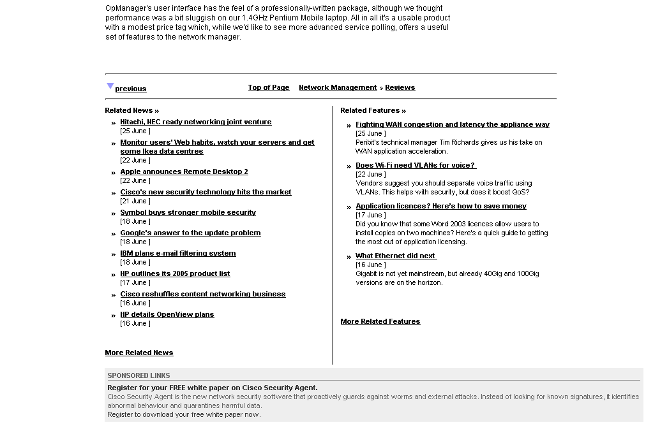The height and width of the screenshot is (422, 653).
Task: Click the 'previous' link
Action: (x=131, y=89)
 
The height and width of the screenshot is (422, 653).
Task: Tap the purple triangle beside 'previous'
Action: (x=110, y=86)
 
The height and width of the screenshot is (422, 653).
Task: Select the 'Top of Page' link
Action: (x=269, y=87)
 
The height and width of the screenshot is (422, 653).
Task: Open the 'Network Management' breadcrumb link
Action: (x=338, y=87)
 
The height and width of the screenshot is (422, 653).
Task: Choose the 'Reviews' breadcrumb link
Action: (x=400, y=87)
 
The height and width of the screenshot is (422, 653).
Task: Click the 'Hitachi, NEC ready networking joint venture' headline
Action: (x=196, y=122)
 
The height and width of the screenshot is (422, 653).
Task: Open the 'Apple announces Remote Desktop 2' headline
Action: (x=184, y=171)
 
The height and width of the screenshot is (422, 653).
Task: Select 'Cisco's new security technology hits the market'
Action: (x=206, y=192)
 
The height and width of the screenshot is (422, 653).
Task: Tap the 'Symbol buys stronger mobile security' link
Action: (x=188, y=212)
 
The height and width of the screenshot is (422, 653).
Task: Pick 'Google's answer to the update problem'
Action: (x=190, y=233)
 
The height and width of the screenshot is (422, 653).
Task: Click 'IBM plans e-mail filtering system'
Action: (x=178, y=253)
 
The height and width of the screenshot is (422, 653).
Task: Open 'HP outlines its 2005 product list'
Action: (x=175, y=273)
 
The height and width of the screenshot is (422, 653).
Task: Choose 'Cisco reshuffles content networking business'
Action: (x=203, y=294)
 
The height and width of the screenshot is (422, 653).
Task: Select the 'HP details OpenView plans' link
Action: (x=167, y=314)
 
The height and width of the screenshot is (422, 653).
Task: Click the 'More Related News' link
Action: (x=139, y=353)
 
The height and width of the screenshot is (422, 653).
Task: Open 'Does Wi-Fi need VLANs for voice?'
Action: (x=416, y=165)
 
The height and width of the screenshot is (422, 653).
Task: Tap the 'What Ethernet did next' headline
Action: (x=396, y=256)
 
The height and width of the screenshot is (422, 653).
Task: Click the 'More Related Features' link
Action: (x=380, y=321)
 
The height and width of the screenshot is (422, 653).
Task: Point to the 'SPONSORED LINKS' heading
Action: (x=139, y=375)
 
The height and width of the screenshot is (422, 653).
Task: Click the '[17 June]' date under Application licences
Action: (x=370, y=215)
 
